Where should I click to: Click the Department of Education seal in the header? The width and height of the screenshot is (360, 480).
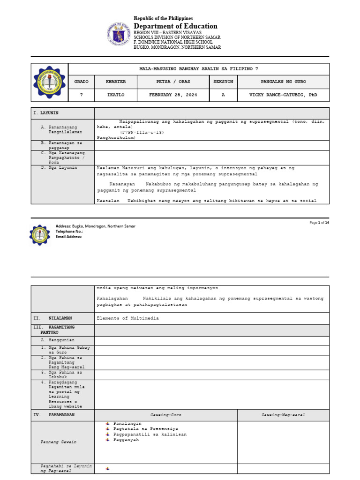click(x=119, y=35)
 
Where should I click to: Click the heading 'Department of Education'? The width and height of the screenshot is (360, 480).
click(x=175, y=26)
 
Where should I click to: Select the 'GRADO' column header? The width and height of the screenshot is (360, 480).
click(x=81, y=82)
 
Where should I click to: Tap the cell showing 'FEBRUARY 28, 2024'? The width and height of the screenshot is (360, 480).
click(x=173, y=95)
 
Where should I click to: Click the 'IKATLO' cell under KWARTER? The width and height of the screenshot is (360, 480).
click(x=116, y=95)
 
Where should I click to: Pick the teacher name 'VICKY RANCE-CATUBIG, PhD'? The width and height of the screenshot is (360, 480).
click(x=283, y=95)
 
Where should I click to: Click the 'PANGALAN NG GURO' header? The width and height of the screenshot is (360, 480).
click(x=283, y=82)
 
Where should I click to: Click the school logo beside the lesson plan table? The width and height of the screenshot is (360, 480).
click(x=49, y=82)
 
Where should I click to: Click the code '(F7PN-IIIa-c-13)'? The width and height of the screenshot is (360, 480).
click(x=142, y=132)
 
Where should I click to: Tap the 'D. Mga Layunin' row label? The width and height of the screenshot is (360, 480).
click(x=60, y=167)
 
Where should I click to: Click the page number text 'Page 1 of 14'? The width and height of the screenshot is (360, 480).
click(x=319, y=223)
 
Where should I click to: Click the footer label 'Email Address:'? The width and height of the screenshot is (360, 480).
click(x=69, y=237)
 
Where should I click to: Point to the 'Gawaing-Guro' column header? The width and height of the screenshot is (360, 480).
click(x=165, y=415)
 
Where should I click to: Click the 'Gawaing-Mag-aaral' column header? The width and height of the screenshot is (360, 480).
click(x=283, y=415)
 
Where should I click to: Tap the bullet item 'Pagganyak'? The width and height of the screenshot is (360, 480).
click(x=126, y=440)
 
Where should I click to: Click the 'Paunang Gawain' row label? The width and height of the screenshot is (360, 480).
click(x=58, y=442)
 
